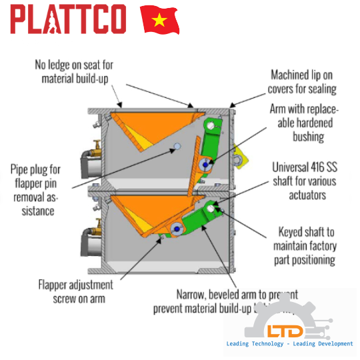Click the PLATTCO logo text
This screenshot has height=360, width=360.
(x=69, y=20)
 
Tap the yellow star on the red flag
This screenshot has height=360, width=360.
(x=160, y=21)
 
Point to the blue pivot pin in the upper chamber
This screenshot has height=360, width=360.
(x=204, y=163)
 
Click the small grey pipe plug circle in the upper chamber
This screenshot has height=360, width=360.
(x=177, y=145)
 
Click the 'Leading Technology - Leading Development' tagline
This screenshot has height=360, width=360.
(x=289, y=344)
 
